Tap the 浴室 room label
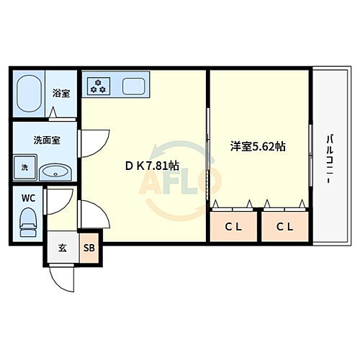(61, 93)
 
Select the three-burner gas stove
(97, 86)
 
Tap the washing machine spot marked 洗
(24, 168)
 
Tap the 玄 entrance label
(63, 248)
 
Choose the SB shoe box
(89, 248)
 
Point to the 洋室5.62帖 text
(257, 146)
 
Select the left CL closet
(233, 228)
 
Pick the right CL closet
(285, 228)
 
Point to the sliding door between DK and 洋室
(209, 155)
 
